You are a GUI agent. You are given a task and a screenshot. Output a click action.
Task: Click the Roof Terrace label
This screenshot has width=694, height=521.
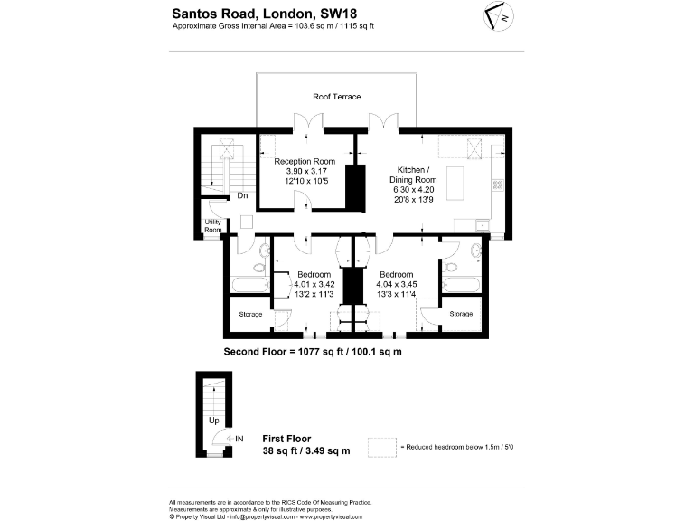(x=336, y=97)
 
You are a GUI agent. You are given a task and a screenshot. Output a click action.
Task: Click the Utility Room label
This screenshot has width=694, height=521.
(x=212, y=226)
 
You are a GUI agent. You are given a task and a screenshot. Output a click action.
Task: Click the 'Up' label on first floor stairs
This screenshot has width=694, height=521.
(x=213, y=421)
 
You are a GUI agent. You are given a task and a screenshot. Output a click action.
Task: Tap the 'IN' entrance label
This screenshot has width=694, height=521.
(x=239, y=440)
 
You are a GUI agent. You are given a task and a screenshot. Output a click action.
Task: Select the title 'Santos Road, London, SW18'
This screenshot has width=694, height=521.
(x=256, y=14)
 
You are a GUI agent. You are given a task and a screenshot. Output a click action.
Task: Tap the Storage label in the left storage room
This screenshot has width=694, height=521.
(x=250, y=314)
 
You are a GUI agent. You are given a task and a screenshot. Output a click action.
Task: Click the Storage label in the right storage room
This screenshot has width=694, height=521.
(x=461, y=314)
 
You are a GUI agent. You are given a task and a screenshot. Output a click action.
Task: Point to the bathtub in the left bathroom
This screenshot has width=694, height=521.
(x=249, y=285)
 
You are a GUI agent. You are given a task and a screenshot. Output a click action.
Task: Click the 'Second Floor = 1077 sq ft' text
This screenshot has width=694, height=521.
(x=312, y=350)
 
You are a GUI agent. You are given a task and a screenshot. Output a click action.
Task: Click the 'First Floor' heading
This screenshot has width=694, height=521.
(x=286, y=439)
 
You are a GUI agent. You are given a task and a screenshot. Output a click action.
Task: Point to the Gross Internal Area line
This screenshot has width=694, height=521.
(x=273, y=26)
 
